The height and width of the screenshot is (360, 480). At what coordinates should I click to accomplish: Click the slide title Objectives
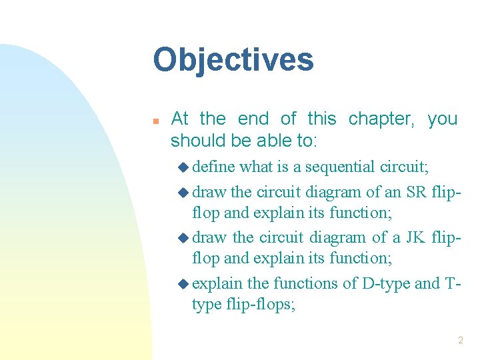(x=233, y=59)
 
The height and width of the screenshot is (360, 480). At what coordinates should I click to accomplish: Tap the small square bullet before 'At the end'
(x=155, y=121)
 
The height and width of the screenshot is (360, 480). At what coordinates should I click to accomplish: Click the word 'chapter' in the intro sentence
(x=380, y=119)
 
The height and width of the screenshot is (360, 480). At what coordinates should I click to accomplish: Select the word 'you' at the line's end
(x=443, y=119)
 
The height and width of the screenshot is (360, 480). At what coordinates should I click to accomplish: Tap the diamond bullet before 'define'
(x=183, y=167)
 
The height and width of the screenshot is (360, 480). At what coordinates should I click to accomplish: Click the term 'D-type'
(x=386, y=283)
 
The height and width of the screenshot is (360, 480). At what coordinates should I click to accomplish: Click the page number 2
(x=460, y=341)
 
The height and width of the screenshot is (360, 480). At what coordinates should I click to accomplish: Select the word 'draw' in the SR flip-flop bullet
(x=209, y=193)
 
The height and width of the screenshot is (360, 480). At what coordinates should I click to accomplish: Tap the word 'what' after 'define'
(x=255, y=167)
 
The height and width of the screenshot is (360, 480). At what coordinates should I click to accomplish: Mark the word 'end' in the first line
(x=253, y=119)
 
